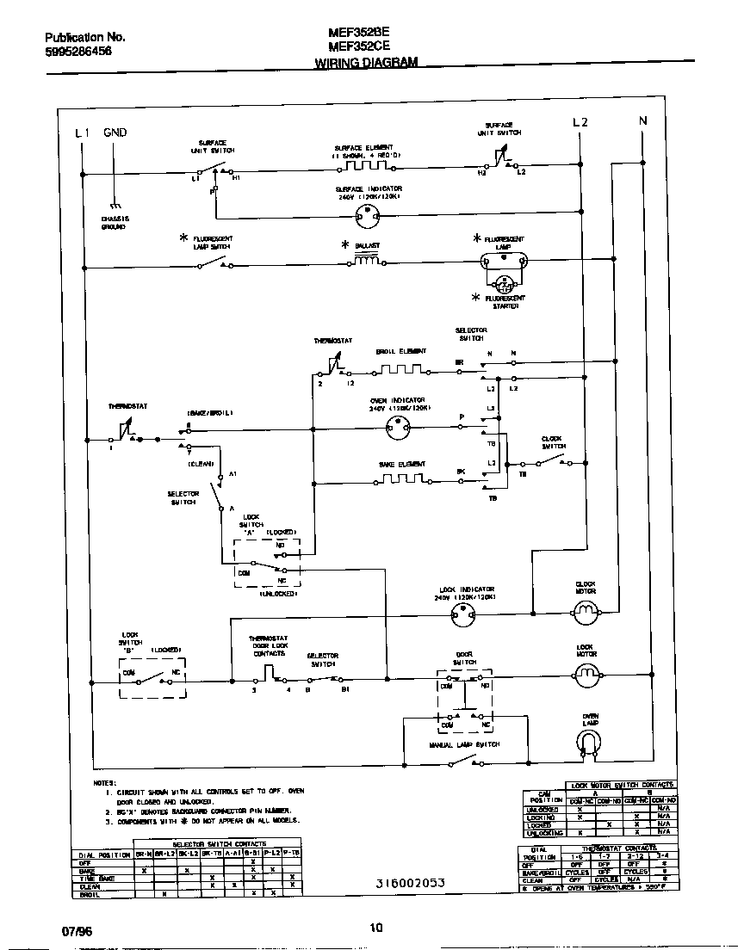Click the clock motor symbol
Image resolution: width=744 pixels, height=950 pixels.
tap(586, 612)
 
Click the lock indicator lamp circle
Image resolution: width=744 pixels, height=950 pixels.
tap(466, 613)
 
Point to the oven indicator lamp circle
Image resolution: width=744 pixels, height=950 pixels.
tap(397, 424)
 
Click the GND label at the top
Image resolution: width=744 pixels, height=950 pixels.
tap(115, 133)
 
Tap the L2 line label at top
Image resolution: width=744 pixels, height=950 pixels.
tap(580, 122)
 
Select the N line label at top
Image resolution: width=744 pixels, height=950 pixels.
tap(642, 121)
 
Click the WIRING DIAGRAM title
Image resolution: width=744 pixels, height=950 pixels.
tap(366, 63)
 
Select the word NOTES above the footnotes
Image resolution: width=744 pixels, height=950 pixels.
tap(104, 782)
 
